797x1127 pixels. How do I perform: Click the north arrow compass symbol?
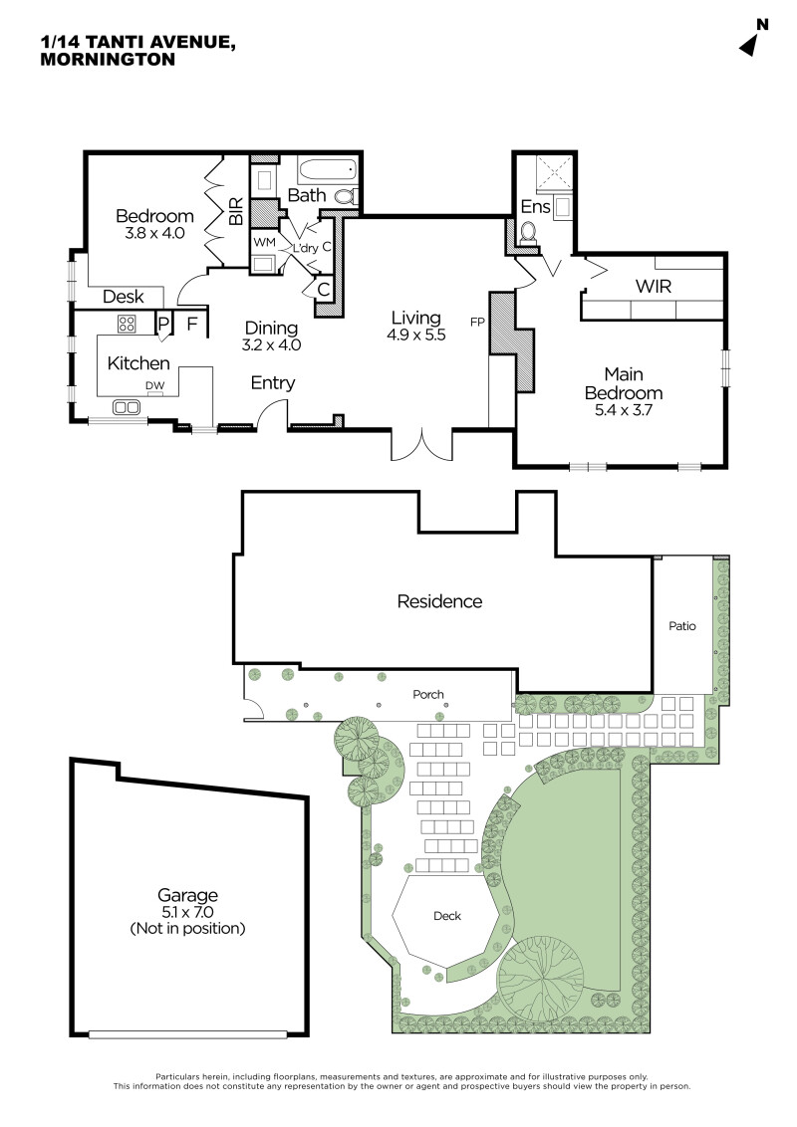click(749, 45)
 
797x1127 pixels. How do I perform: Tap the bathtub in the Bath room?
click(328, 171)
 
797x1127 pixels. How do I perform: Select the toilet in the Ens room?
click(529, 233)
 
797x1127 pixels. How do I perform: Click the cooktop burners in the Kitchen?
click(127, 323)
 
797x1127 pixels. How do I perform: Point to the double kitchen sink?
click(127, 407)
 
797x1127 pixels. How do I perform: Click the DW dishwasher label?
click(154, 386)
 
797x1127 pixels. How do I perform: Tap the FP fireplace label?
click(477, 322)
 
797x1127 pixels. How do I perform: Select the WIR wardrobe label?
click(654, 286)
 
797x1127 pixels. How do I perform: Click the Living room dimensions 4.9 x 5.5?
click(416, 335)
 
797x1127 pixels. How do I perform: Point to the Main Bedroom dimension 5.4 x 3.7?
click(624, 410)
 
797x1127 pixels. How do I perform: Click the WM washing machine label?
click(264, 242)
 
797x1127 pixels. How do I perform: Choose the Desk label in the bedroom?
click(123, 296)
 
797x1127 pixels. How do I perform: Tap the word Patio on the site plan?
click(681, 626)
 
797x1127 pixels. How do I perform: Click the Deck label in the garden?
click(447, 916)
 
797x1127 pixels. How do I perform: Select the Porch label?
click(428, 694)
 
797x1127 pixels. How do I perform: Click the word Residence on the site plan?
click(439, 601)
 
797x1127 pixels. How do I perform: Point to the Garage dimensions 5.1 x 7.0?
click(187, 912)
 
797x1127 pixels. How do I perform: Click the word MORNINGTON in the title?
click(108, 60)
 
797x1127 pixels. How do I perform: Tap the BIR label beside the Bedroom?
click(236, 211)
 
